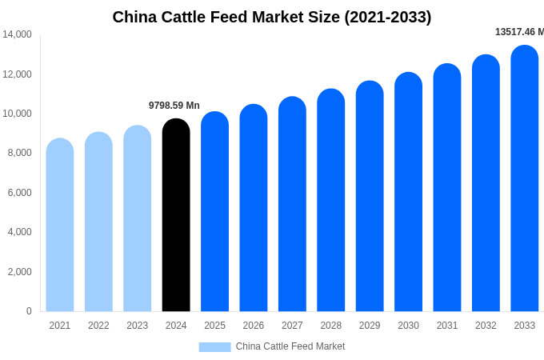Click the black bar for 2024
[x=176, y=216]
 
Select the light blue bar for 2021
[x=60, y=226]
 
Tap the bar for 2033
[x=525, y=179]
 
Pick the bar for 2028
[x=331, y=201]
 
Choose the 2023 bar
[x=138, y=219]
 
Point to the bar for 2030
[x=408, y=193]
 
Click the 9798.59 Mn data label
[x=174, y=106]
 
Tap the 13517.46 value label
[x=519, y=32]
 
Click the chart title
[x=272, y=17]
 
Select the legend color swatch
[x=214, y=347]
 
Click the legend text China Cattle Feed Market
[x=290, y=346]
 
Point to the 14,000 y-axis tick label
[x=17, y=34]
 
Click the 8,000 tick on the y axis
[x=19, y=153]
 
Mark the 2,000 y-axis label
[x=19, y=272]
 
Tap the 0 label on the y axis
[x=29, y=311]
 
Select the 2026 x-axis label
[x=254, y=326]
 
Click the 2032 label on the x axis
[x=486, y=326]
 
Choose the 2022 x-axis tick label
[x=98, y=326]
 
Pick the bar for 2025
[x=214, y=212]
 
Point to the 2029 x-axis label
[x=370, y=326]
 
